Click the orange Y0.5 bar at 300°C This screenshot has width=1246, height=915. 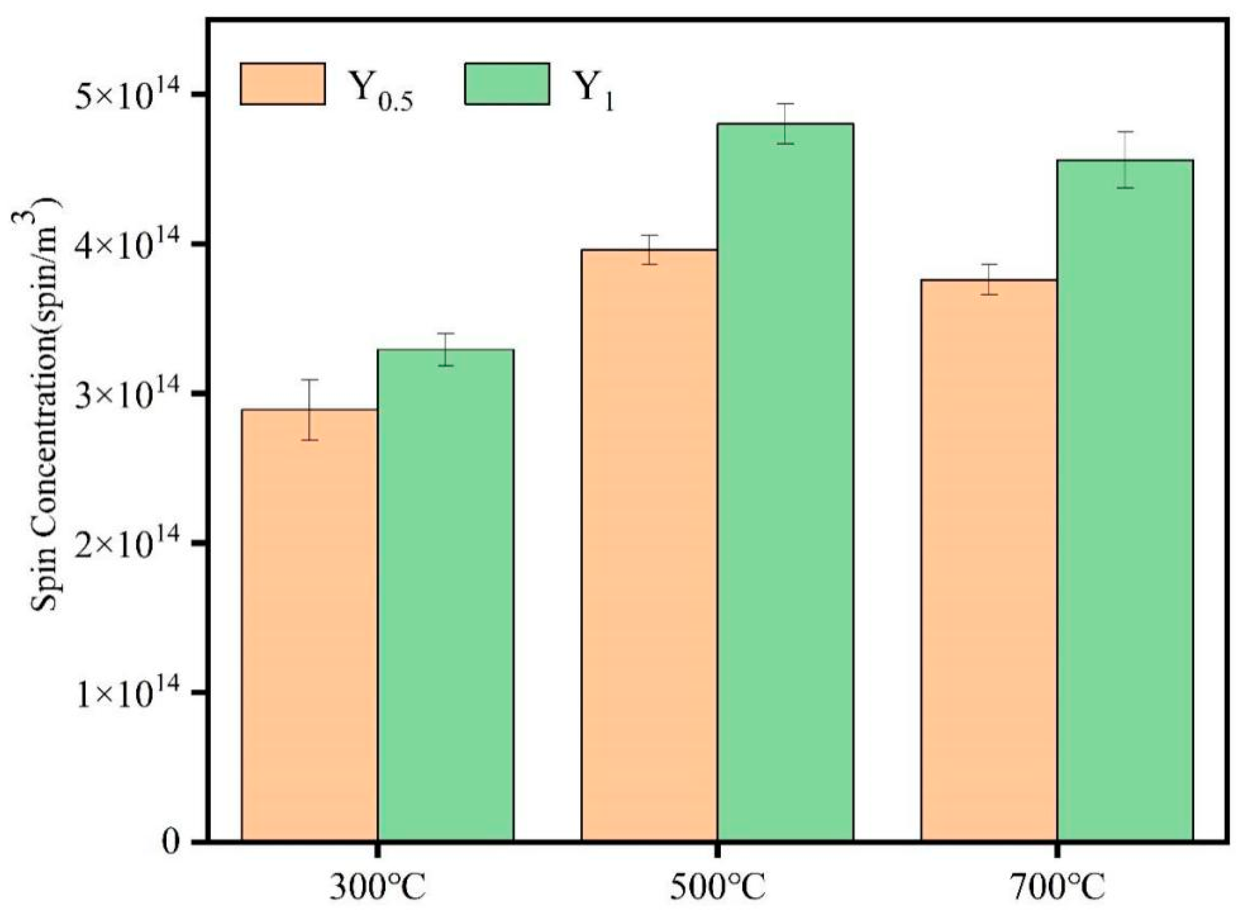[x=309, y=626]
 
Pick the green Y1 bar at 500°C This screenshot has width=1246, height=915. [x=785, y=482]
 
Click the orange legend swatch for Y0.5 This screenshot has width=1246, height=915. [x=283, y=84]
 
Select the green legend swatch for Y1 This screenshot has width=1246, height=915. [x=507, y=84]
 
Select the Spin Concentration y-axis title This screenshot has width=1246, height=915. [x=44, y=404]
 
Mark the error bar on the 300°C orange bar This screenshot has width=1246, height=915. [x=309, y=410]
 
